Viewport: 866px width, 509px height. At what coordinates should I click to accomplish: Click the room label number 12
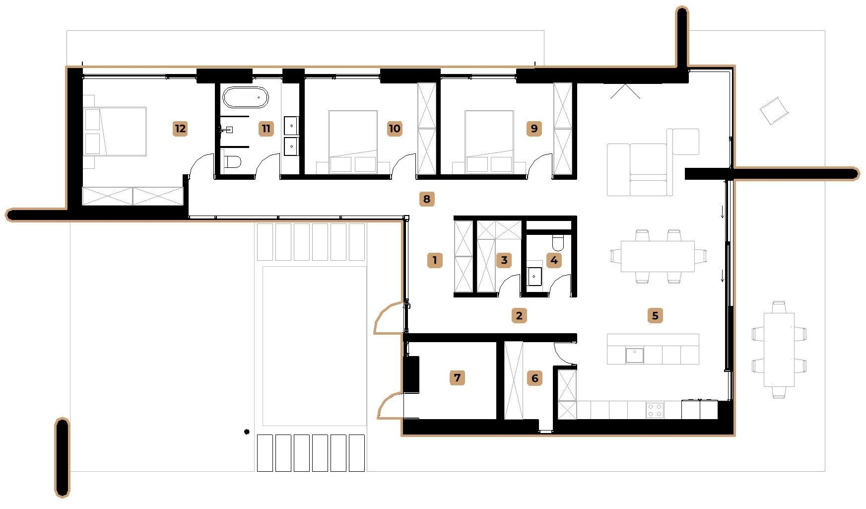[180, 129]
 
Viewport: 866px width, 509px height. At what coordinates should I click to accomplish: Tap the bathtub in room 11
[245, 98]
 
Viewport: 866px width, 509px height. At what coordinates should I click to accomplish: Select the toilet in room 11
[232, 162]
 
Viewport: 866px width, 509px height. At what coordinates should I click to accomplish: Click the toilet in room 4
[558, 242]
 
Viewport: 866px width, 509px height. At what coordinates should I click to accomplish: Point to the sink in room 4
[534, 277]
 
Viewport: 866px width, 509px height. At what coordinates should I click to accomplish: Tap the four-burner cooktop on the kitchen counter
[655, 410]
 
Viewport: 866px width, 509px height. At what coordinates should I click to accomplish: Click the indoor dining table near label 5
[657, 256]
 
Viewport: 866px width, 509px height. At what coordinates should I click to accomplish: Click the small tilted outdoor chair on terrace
[774, 110]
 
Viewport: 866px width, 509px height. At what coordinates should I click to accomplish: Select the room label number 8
[427, 199]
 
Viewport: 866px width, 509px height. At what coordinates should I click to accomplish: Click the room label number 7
[457, 378]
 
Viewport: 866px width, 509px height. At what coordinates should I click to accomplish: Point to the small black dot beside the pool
[247, 432]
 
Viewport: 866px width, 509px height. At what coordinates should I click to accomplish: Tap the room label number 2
[519, 315]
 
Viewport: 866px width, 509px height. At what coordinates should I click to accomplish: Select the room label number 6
[534, 378]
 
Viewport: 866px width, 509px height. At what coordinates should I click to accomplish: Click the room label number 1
[435, 260]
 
